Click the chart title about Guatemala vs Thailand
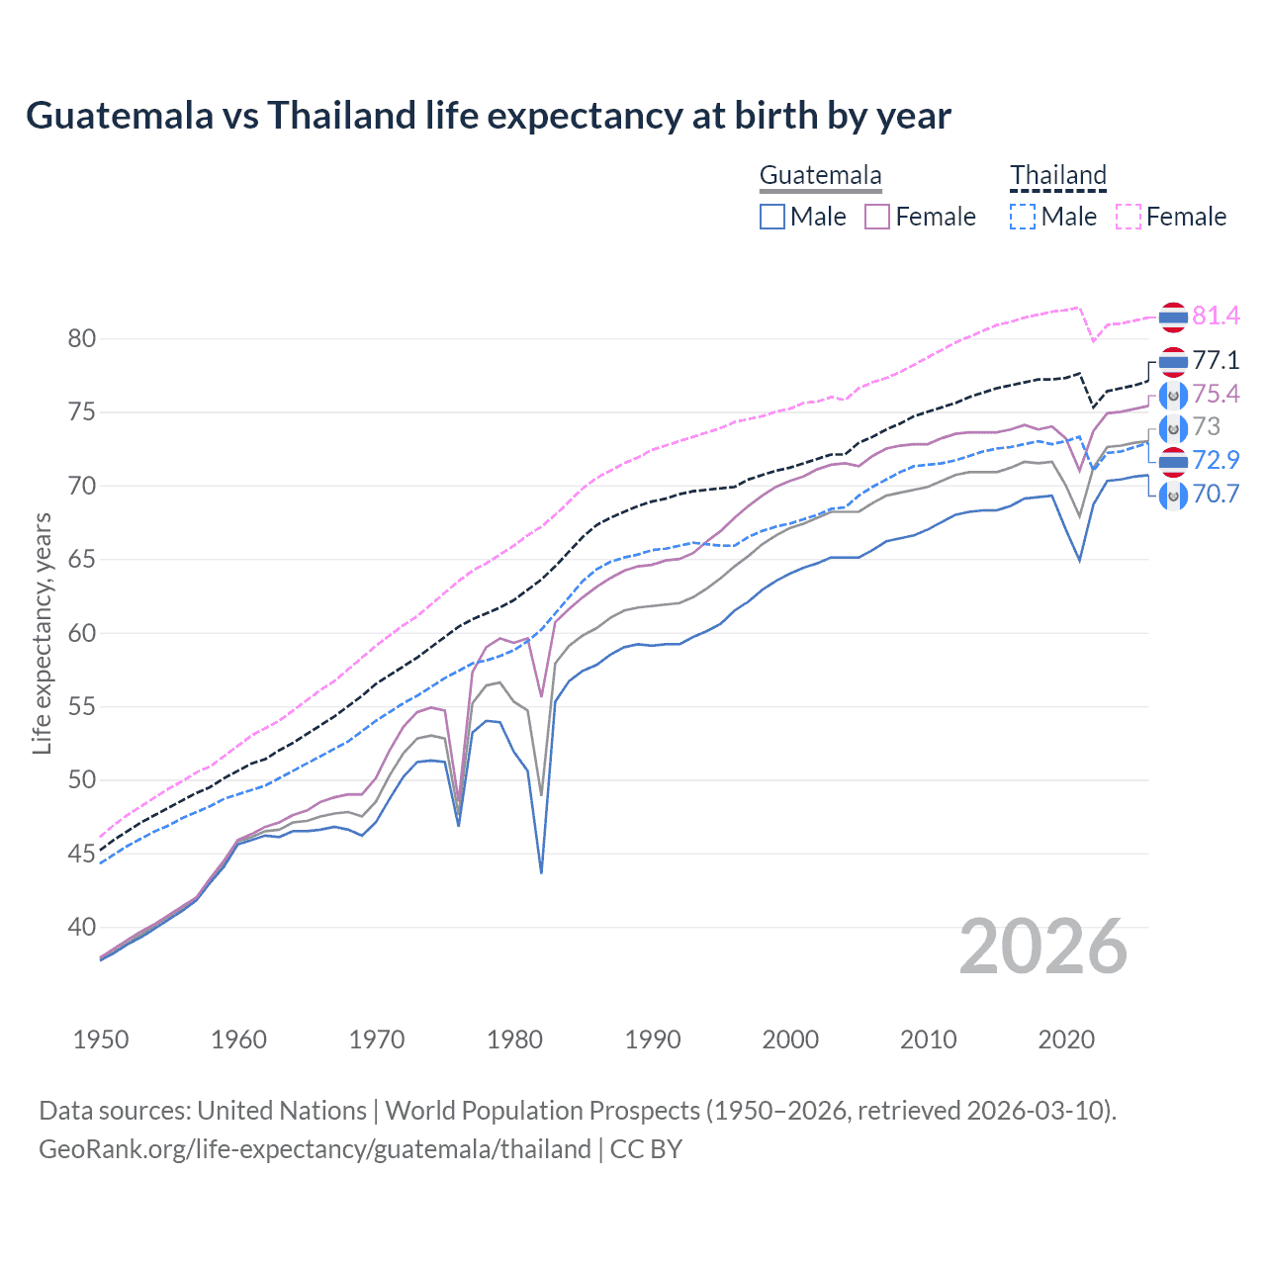(x=489, y=116)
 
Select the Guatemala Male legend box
(x=772, y=217)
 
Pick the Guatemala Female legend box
(x=877, y=217)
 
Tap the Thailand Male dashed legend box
(x=1023, y=217)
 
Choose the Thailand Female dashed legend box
(x=1129, y=217)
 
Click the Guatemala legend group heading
(x=820, y=176)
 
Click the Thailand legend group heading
(x=1057, y=176)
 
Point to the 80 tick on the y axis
(x=82, y=339)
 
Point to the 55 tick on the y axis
(x=82, y=707)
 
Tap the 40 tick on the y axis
(x=82, y=928)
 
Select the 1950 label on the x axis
(x=101, y=1040)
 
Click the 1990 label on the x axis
(x=653, y=1040)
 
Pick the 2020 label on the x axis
(x=1066, y=1040)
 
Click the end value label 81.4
(x=1216, y=316)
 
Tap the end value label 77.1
(x=1216, y=360)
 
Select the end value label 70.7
(x=1216, y=494)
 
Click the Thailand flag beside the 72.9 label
(x=1173, y=461)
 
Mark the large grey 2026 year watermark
(x=1043, y=948)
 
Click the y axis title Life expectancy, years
(x=42, y=633)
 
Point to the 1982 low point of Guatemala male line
(x=541, y=872)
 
